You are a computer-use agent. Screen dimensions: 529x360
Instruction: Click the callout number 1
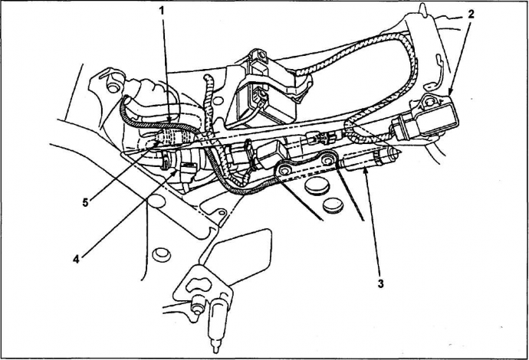162,11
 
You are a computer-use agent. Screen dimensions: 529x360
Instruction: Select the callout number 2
471,14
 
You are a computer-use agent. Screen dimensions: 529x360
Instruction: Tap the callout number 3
380,283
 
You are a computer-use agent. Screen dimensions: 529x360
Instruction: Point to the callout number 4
76,259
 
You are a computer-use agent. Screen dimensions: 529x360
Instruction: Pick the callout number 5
85,202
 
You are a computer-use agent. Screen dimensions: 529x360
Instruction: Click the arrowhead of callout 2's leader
450,93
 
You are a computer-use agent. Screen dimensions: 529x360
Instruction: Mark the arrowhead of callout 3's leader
365,172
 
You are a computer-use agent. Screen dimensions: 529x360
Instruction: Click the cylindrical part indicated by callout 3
368,160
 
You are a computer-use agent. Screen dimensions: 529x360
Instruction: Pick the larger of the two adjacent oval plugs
317,186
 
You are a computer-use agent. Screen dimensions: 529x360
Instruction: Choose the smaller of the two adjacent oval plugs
333,205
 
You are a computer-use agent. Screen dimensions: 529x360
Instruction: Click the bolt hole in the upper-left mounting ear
112,87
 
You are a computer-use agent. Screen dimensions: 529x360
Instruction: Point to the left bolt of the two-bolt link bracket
284,171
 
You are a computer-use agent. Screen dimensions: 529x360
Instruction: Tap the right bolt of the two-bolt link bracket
327,160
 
